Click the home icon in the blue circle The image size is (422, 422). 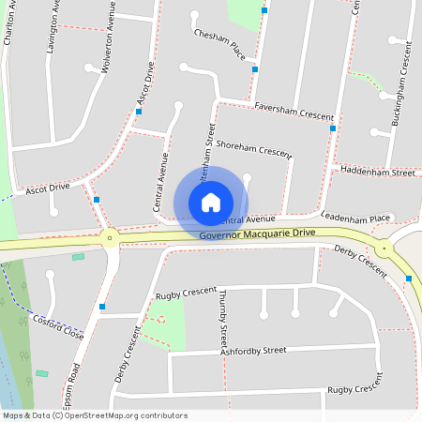[x=211, y=203]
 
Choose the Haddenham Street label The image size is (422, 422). [x=378, y=173]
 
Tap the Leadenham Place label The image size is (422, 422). [x=355, y=218]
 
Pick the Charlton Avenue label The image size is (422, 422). [x=10, y=23]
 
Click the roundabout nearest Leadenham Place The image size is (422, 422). [x=384, y=249]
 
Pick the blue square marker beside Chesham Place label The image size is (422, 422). [x=255, y=68]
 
